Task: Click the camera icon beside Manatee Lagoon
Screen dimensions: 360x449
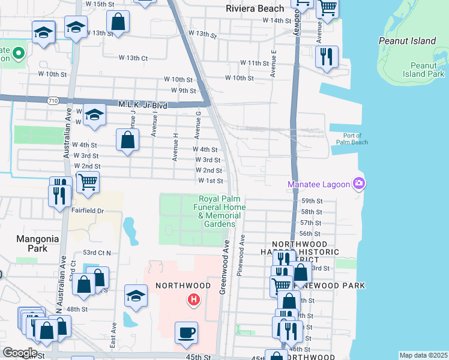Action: [359, 183]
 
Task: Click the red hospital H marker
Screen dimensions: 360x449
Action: [193, 299]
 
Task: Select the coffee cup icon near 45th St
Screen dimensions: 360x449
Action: [186, 332]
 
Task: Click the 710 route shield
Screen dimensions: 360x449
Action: [53, 101]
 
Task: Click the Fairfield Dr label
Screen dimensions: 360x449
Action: [88, 211]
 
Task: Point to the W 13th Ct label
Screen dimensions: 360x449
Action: [133, 58]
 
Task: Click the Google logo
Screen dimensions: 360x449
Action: [19, 353]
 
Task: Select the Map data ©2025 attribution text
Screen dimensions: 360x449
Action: [423, 355]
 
